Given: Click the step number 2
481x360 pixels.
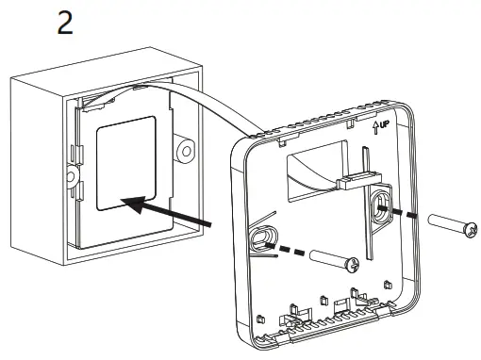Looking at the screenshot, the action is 65,23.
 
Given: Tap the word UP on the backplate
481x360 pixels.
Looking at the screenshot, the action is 384,124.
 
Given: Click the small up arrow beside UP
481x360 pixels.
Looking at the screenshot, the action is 375,128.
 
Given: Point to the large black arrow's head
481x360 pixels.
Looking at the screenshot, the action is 135,204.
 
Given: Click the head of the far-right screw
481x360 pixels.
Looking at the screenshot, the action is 471,229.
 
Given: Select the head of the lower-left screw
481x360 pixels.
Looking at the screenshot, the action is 354,265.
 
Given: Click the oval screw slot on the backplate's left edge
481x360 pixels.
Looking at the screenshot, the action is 262,238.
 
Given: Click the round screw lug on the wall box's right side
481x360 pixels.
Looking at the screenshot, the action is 186,152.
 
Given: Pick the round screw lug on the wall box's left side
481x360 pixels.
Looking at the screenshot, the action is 72,176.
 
